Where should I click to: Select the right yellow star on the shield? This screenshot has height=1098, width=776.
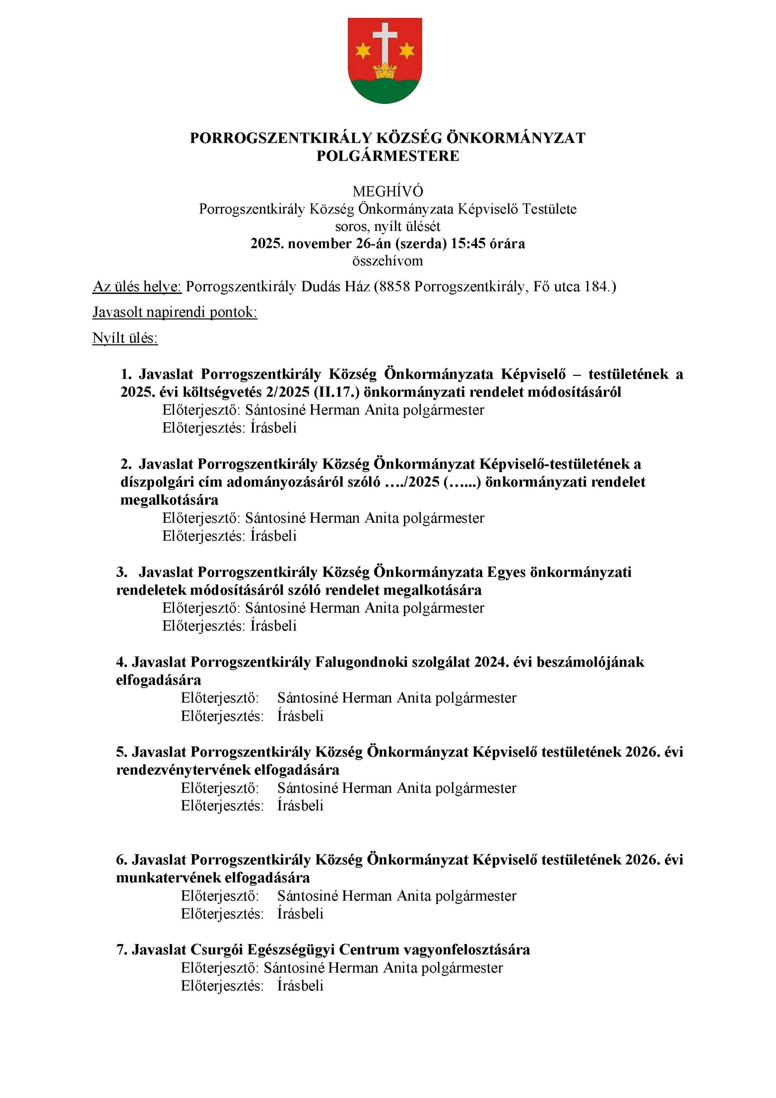[x=406, y=49]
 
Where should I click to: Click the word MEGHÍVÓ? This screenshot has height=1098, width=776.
[x=388, y=192]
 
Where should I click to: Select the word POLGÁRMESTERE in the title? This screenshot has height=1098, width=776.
[x=388, y=156]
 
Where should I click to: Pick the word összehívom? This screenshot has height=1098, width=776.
[x=388, y=261]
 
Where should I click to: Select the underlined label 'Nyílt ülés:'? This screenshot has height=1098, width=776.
[x=125, y=338]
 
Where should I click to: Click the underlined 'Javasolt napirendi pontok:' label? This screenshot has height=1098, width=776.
[x=174, y=312]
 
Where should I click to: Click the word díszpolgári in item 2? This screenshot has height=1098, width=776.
[x=153, y=482]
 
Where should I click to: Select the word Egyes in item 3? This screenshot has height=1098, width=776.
[x=506, y=572]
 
